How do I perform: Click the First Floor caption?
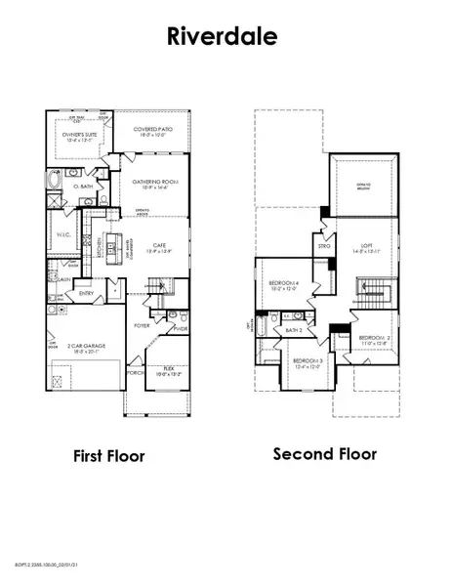pos(108,455)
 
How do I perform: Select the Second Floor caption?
pos(324,453)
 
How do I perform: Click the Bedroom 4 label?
pos(282,286)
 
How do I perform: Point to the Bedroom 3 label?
pos(307,363)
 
